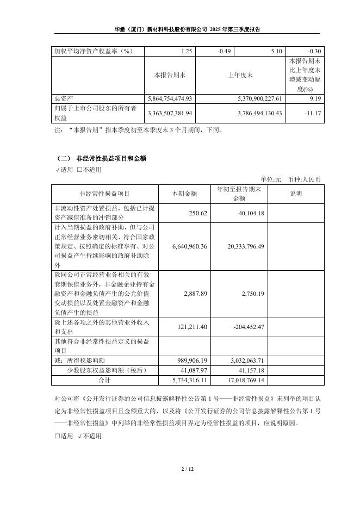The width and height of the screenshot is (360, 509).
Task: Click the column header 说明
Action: tap(295, 194)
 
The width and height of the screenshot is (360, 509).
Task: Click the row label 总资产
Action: tap(64, 98)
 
